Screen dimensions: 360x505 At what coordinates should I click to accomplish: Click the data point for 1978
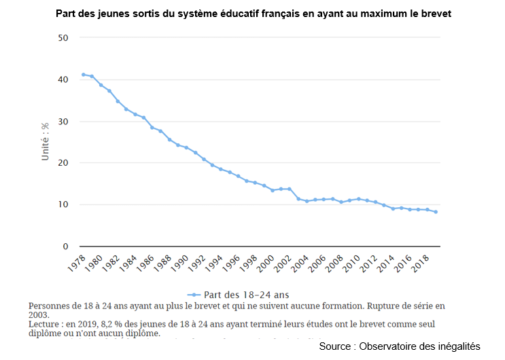coord(83,75)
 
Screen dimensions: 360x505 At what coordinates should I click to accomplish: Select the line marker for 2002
coord(290,189)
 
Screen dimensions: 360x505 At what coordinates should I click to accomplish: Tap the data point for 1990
coord(186,148)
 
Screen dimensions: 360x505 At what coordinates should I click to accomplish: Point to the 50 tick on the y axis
coord(64,37)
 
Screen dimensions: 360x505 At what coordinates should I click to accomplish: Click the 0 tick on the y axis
coord(66,247)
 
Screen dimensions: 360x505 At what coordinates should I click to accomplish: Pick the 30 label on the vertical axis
coord(64,122)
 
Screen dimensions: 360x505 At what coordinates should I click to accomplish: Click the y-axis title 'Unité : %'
coord(46,141)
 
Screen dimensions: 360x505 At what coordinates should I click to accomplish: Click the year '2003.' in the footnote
coord(38,315)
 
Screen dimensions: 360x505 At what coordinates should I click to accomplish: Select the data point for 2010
coord(358,199)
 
